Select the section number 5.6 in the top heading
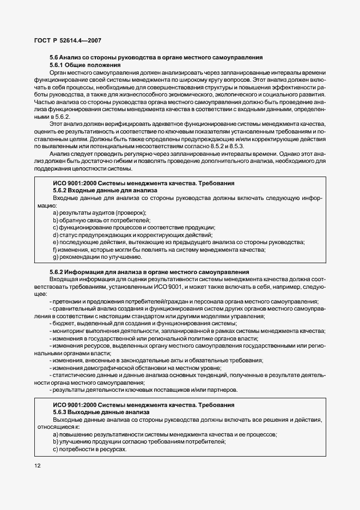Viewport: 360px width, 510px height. click(54, 57)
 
